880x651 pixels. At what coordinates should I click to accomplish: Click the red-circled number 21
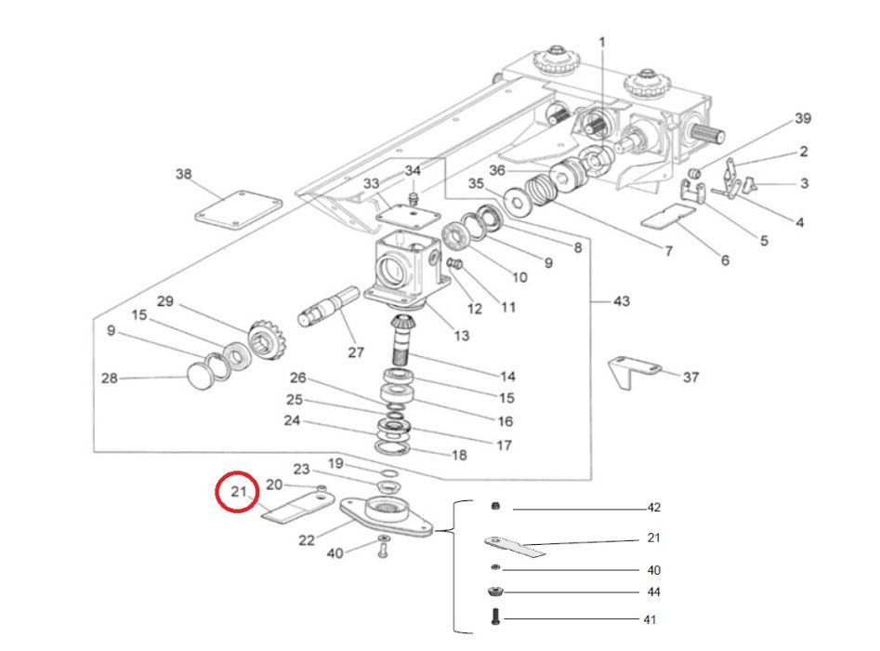[239, 491]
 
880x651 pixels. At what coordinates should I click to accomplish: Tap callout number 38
[183, 174]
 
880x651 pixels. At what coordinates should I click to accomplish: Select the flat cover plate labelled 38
[238, 210]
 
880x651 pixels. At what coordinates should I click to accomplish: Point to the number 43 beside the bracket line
[622, 301]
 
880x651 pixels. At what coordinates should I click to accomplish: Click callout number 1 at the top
[602, 42]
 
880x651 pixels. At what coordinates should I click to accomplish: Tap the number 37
[690, 377]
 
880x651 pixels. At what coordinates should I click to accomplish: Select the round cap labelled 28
[201, 378]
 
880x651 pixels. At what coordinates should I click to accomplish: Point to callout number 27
[356, 352]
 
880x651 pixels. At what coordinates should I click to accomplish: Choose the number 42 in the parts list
[654, 507]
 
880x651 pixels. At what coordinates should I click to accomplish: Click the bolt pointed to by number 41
[495, 617]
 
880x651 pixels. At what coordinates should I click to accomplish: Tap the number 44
[654, 591]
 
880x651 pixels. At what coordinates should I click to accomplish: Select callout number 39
[803, 118]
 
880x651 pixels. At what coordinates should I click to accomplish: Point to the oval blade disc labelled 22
[387, 517]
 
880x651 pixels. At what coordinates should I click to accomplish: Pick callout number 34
[413, 170]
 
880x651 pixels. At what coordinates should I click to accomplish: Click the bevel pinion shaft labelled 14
[401, 339]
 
